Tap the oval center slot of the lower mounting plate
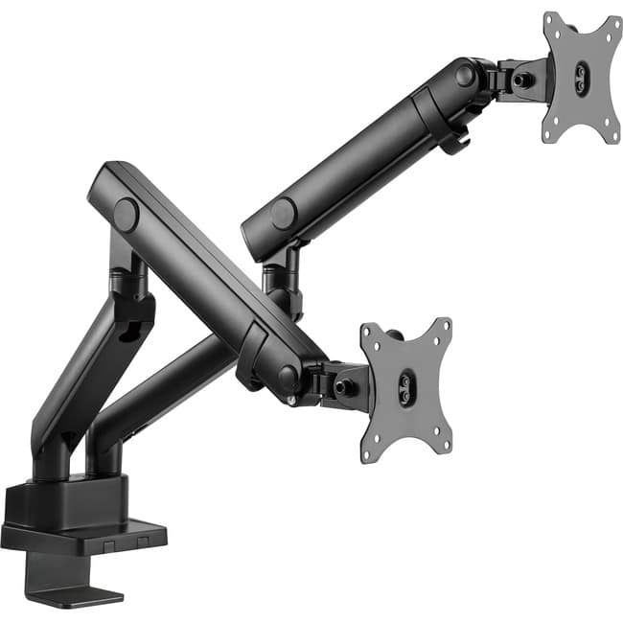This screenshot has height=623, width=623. (x=406, y=390)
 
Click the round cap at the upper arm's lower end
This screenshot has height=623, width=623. (x=283, y=214)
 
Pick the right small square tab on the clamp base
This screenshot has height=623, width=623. (x=142, y=542)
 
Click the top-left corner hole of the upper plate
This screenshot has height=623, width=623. (x=550, y=22)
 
